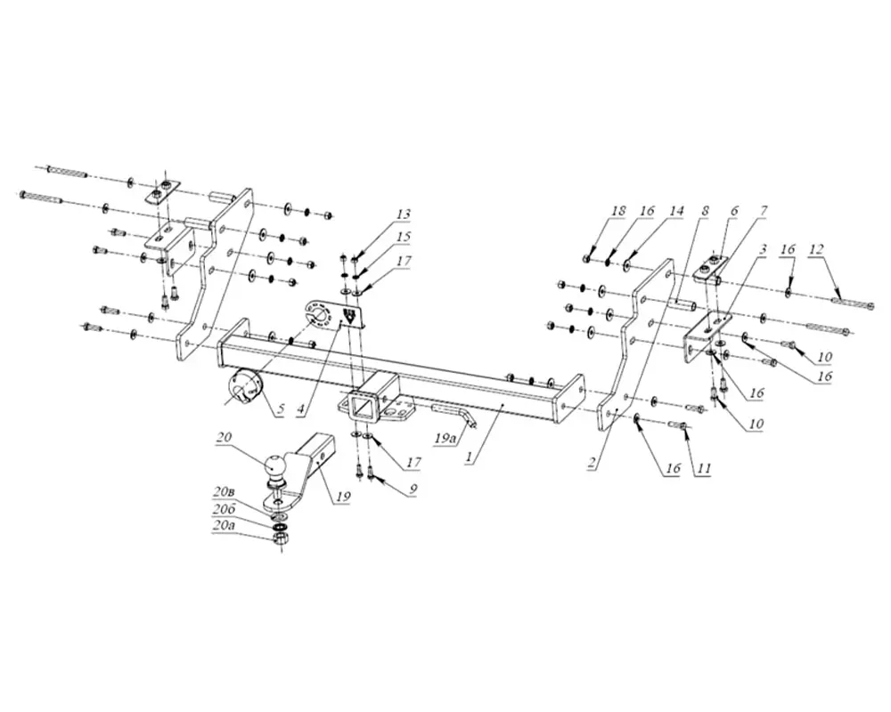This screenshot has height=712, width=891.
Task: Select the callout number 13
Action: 404,214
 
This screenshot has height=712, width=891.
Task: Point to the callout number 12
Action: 816,248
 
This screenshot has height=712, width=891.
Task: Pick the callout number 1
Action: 469,459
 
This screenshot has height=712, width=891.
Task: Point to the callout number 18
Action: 618,211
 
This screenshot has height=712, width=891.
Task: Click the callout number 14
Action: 676,211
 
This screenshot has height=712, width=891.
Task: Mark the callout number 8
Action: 705,211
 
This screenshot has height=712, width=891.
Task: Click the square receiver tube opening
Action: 363,407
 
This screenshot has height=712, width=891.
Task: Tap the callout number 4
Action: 300,408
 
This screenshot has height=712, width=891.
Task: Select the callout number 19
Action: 343,497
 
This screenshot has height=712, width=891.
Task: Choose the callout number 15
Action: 404,237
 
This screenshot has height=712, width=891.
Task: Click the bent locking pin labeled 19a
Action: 455,415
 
